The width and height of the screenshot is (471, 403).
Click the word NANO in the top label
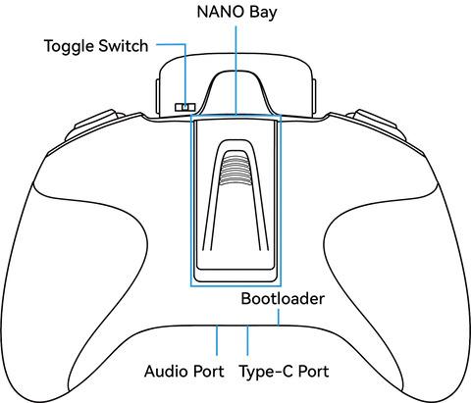(x=221, y=12)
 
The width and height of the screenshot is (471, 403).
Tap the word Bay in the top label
(x=263, y=14)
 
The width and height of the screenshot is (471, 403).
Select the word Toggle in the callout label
(x=69, y=47)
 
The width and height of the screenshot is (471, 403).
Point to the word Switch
(x=124, y=46)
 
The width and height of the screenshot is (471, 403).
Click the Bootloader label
(x=283, y=299)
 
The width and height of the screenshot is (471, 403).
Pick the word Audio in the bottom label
(x=166, y=372)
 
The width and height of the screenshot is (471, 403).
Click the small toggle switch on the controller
(x=185, y=107)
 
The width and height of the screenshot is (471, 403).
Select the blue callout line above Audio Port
(x=217, y=340)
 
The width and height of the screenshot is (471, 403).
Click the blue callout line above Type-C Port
(x=247, y=340)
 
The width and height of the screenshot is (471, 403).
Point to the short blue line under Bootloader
(x=279, y=318)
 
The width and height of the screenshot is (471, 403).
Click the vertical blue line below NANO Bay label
(x=235, y=71)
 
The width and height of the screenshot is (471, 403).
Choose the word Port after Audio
(x=208, y=372)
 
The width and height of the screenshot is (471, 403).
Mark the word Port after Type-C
(x=313, y=372)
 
